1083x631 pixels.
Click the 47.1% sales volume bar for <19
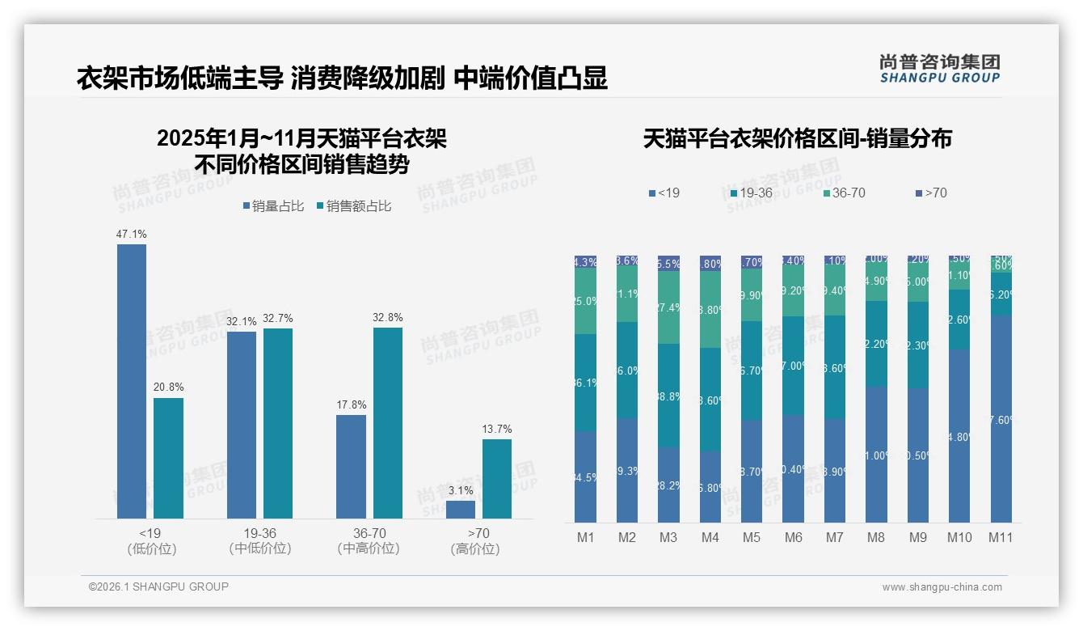(132, 381)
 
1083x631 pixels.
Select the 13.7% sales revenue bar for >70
(497, 479)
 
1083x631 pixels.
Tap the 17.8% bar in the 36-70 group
(351, 467)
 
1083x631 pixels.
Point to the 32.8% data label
(388, 318)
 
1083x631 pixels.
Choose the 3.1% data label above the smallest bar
(461, 491)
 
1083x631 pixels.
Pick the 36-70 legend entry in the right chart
(845, 193)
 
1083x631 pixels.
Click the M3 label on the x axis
(668, 537)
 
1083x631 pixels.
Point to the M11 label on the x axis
(1001, 537)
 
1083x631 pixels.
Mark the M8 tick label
(876, 537)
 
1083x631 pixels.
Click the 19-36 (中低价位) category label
(259, 540)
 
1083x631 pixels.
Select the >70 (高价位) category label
(478, 540)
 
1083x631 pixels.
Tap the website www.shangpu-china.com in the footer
(942, 587)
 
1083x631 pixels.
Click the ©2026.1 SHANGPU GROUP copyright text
(158, 587)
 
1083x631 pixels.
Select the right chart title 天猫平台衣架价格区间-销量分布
(797, 139)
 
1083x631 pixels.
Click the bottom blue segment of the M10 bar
(959, 436)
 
